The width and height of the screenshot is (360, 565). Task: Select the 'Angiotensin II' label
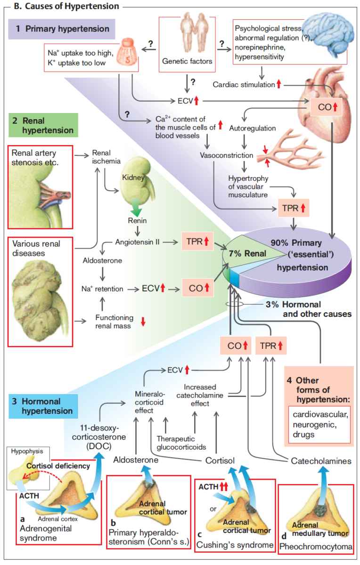(x=138, y=242)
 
